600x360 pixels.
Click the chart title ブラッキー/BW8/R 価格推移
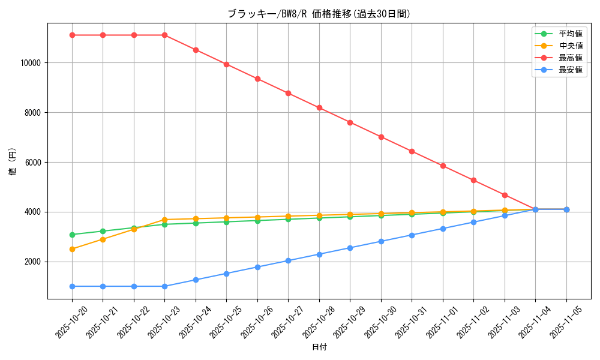coord(319,14)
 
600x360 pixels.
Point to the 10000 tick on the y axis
coord(31,62)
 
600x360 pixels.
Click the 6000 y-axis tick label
coord(32,162)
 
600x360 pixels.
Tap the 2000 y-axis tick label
coord(32,262)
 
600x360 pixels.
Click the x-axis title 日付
coord(319,347)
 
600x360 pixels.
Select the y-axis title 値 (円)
coord(13,162)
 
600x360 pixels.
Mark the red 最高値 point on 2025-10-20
coord(72,35)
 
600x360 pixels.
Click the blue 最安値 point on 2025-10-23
coord(164,286)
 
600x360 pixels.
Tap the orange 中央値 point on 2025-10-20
coord(72,249)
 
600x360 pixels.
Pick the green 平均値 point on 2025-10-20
coord(72,235)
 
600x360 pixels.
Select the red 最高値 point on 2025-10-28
coord(319,107)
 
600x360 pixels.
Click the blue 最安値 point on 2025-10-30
coord(381,241)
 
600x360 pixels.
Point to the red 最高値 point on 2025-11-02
coord(473,180)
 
